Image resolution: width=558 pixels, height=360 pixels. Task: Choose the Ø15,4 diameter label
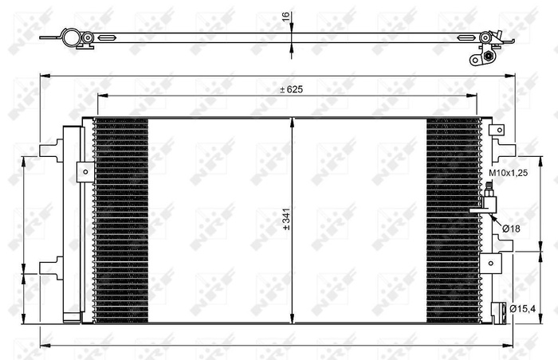tap(522, 308)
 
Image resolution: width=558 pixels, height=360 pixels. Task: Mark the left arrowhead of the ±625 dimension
tap(100, 95)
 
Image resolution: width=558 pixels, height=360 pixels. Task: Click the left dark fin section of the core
tap(121, 221)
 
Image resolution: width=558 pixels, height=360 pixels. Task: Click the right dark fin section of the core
tap(454, 221)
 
